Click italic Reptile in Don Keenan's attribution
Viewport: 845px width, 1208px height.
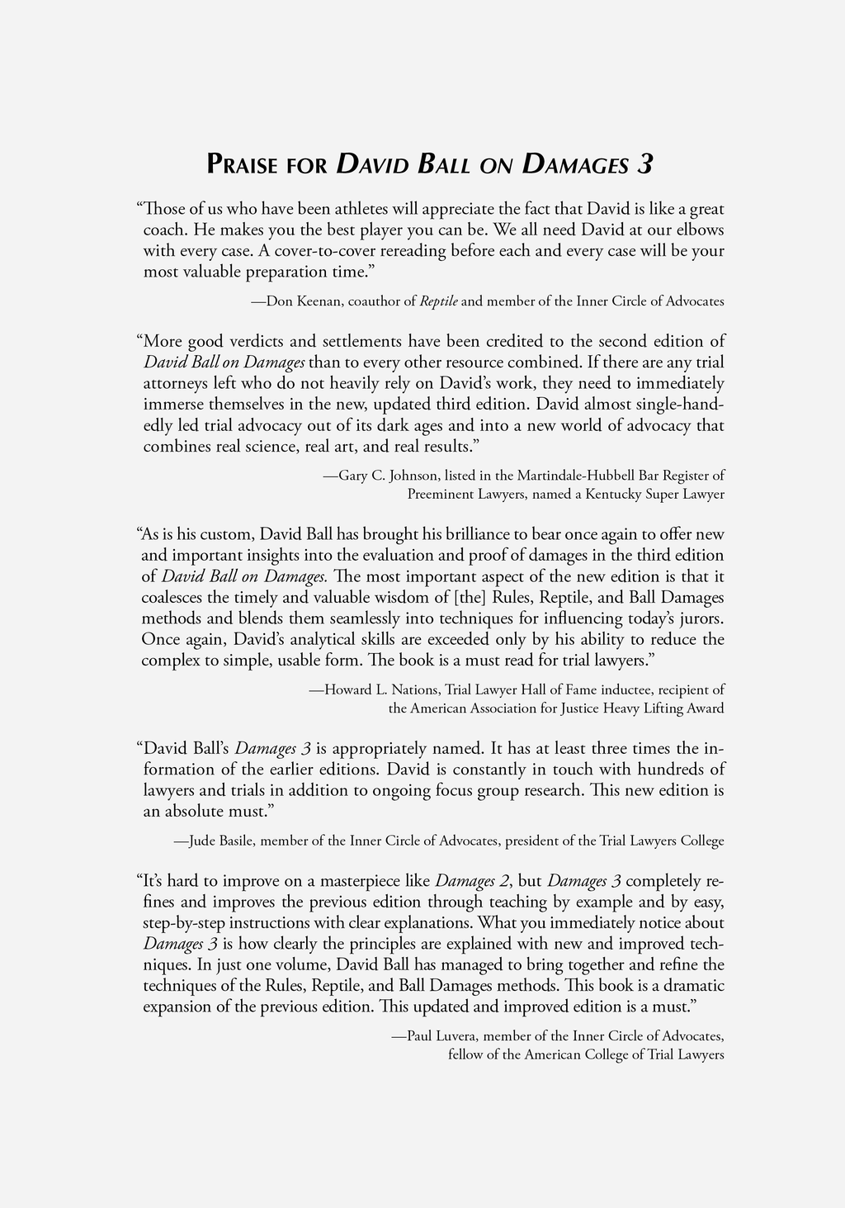click(439, 301)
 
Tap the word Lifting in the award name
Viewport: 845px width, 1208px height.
click(663, 708)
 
